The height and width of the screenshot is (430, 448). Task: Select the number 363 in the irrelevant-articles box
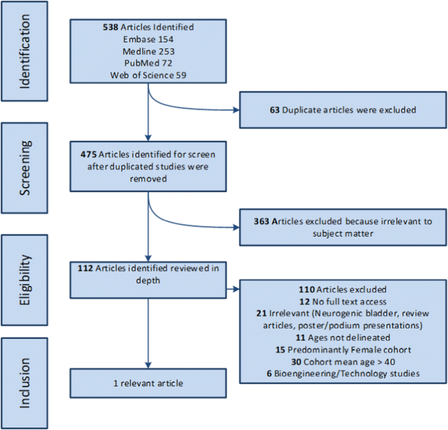(x=262, y=221)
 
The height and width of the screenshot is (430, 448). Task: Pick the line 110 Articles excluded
(x=342, y=289)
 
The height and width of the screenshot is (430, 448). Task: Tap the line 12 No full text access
(x=342, y=300)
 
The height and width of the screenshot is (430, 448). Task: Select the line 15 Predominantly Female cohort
(x=342, y=350)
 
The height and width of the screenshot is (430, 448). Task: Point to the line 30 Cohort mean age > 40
(x=342, y=361)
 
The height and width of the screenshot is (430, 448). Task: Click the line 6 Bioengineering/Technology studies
(x=342, y=373)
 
